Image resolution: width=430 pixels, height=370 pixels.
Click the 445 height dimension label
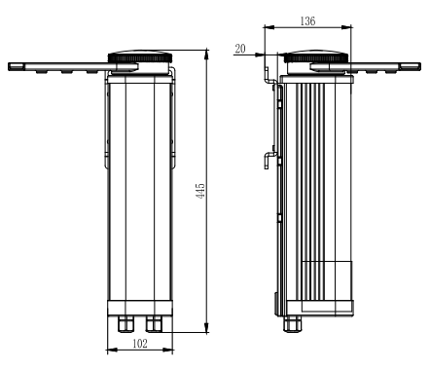point(201,191)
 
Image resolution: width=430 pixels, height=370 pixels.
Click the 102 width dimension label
point(140,343)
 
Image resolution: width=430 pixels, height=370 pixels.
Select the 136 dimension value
point(307,21)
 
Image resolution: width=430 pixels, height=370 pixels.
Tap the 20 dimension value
point(240,49)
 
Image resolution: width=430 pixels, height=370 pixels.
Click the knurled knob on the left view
point(140,57)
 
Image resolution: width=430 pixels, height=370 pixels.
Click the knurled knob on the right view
point(316,57)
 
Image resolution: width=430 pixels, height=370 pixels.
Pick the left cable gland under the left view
point(125,324)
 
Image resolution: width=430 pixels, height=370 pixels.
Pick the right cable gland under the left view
point(154,324)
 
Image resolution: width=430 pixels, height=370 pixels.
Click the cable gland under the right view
point(292,324)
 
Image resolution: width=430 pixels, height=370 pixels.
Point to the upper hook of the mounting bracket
point(269,76)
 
